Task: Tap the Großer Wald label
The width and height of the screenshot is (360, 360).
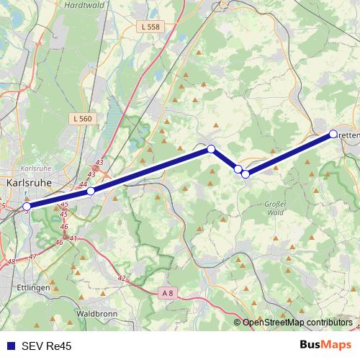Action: pos(276,208)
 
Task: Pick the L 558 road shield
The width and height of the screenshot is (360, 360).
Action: pos(150,27)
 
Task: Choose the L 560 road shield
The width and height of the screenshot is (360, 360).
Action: pos(83,118)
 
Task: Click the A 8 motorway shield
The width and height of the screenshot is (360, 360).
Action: pos(167,292)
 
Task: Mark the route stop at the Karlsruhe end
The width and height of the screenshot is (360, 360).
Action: pos(27,207)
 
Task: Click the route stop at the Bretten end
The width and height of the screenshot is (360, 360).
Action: pos(333,134)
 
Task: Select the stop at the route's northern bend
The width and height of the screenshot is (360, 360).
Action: pos(211,149)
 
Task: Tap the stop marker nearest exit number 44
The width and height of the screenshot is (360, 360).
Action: pos(91,191)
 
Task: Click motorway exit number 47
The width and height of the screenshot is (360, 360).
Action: pos(32,257)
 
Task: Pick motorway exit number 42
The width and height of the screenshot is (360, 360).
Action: pos(121,279)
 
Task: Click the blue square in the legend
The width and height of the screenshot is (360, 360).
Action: pos(10,346)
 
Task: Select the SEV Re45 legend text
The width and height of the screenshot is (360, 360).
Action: pos(46,346)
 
